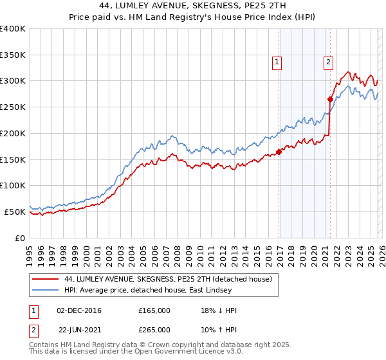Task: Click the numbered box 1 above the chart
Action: point(277,62)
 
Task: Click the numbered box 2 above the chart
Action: point(328,62)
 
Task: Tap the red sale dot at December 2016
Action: point(279,152)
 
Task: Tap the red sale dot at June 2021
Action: point(330,100)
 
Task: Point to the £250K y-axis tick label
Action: point(13,107)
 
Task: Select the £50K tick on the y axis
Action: point(15,212)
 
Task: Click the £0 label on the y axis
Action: point(20,238)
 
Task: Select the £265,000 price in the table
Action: point(154,329)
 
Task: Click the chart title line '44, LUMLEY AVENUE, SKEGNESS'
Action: point(194,6)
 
